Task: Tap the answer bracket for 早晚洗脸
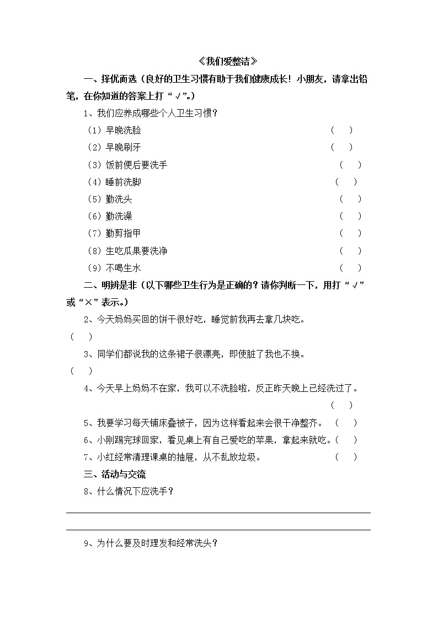[x=341, y=131]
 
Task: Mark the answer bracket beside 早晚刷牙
[x=341, y=148]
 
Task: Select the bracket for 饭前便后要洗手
[x=350, y=165]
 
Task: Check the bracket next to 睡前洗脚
[x=346, y=182]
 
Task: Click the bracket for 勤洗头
[x=350, y=199]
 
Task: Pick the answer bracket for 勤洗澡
[x=350, y=216]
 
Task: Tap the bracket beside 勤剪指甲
[x=350, y=233]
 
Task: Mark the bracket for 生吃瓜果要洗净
[x=350, y=251]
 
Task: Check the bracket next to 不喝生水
[x=350, y=268]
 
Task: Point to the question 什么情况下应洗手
[x=129, y=492]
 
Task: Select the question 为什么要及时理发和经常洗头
[x=151, y=543]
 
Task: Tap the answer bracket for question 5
[x=346, y=423]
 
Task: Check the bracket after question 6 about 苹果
[x=346, y=440]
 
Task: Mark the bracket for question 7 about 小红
[x=346, y=457]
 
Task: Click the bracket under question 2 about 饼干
[x=81, y=337]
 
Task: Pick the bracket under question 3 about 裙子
[x=81, y=371]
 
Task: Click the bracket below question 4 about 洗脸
[x=341, y=406]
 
